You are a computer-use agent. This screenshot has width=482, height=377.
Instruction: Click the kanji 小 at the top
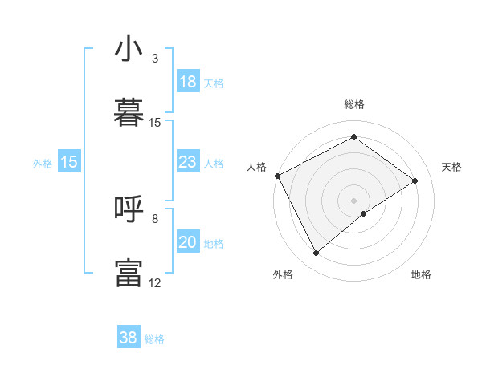129,50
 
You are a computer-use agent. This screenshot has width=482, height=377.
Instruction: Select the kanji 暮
129,113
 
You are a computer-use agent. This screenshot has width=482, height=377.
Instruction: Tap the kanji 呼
129,209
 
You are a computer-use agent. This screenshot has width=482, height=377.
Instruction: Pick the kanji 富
129,273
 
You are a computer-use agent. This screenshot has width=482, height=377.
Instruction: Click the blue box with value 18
188,82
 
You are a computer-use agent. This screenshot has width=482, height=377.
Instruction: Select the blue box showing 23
188,163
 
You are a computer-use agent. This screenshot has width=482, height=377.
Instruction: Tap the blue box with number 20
188,243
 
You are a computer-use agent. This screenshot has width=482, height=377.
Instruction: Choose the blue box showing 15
69,163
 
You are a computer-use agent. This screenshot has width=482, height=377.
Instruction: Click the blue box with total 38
128,338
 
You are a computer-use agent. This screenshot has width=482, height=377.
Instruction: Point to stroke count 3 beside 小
155,59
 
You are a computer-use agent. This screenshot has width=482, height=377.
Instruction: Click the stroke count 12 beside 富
155,282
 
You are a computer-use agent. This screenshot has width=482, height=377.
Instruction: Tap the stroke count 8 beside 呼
155,218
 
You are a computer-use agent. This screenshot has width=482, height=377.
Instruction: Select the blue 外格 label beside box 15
43,164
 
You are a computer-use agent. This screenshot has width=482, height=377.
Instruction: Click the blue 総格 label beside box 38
154,339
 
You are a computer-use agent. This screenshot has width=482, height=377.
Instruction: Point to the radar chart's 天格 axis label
452,167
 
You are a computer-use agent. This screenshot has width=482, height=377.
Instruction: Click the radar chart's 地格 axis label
421,274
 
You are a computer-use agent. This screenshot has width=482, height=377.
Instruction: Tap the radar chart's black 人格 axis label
256,167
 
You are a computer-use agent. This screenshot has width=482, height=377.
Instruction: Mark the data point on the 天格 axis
415,180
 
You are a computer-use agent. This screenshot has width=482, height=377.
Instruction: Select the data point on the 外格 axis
317,253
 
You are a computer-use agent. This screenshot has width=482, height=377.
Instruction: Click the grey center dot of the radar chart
354,200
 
